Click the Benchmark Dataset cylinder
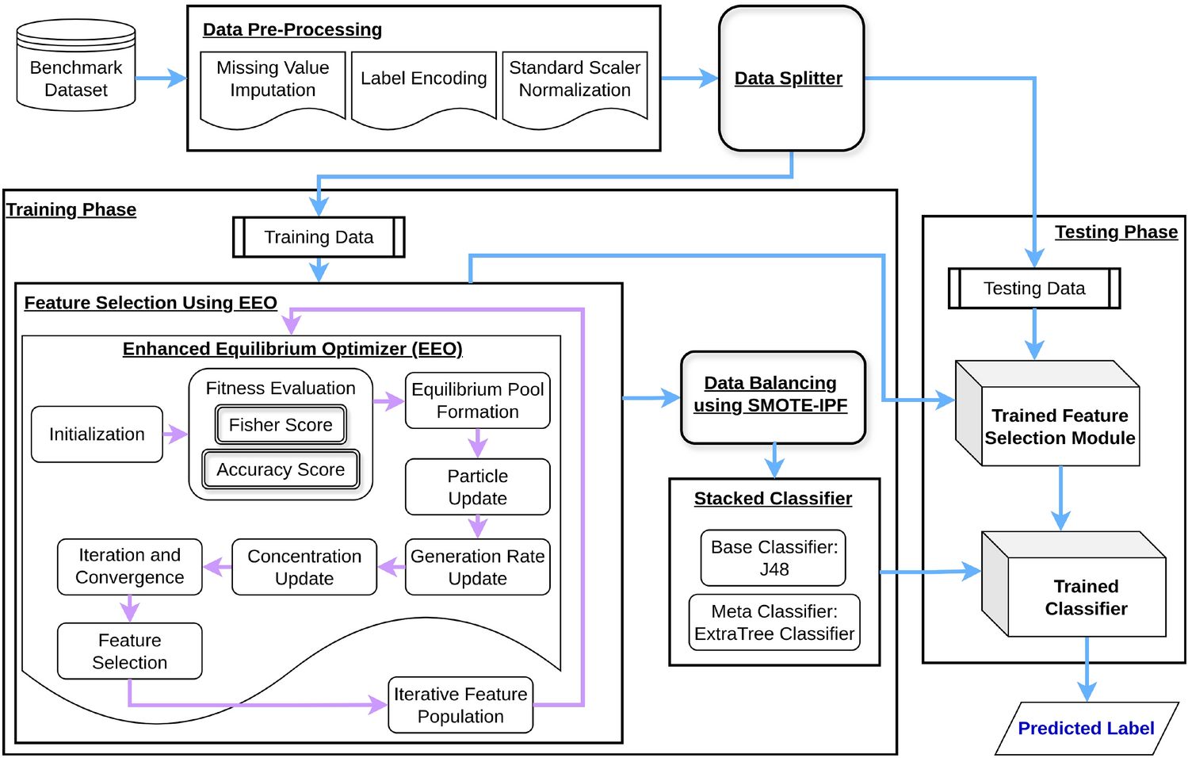pos(76,66)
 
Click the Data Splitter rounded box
pos(791,78)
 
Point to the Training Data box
pos(319,237)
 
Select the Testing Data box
pos(1034,289)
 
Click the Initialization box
pos(97,435)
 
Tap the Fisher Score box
pos(281,425)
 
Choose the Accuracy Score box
pos(281,469)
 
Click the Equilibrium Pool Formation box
pos(477,400)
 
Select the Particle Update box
pos(477,487)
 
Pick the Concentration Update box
pos(304,567)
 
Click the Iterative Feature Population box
pos(460,705)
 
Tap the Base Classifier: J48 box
pos(774,558)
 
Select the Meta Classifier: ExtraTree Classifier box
pos(774,622)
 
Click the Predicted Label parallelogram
pos(1087,729)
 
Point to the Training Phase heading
pos(71,209)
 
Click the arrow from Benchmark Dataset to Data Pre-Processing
pos(161,78)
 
